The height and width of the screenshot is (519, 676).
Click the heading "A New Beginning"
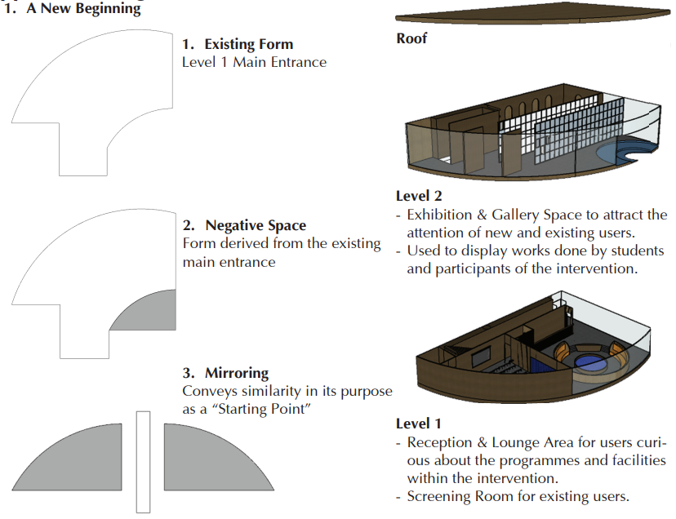click(83, 10)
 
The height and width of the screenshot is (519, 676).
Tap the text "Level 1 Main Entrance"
click(254, 62)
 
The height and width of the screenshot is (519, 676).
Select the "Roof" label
click(411, 38)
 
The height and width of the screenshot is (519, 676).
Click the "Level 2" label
click(418, 196)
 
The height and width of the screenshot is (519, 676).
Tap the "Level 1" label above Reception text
click(418, 424)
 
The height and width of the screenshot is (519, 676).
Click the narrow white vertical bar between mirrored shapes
click(144, 460)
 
